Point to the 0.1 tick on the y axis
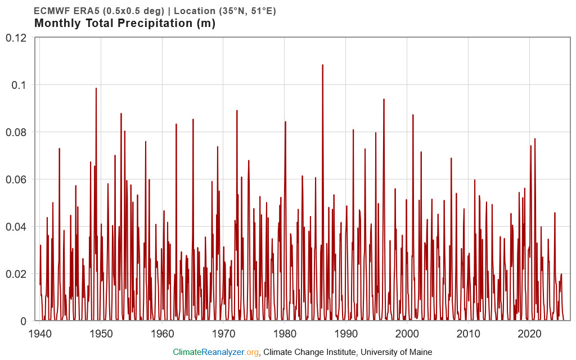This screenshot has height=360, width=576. (x=20, y=85)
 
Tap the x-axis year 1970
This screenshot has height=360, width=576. (x=224, y=333)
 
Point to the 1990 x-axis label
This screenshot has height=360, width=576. (x=346, y=333)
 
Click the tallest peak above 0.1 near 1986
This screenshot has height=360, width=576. (x=322, y=65)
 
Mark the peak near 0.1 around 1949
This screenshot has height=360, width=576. (x=96, y=89)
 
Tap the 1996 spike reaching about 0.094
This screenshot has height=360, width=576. (x=384, y=100)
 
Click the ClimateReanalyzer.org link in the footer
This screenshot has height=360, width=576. (x=215, y=352)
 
